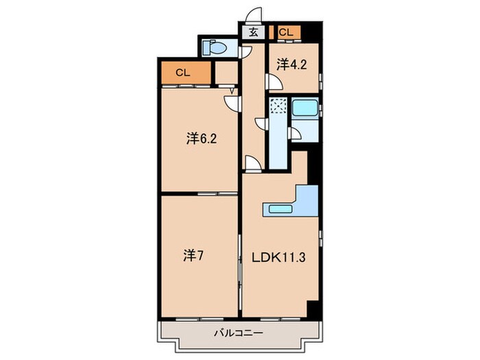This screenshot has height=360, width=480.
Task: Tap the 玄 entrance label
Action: coord(253,32)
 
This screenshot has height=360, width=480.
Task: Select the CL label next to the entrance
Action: coord(286,32)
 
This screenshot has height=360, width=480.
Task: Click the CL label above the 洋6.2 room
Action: coord(182,72)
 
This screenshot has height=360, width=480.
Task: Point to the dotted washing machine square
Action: coord(278,108)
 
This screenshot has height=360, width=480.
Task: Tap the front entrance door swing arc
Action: coord(254,16)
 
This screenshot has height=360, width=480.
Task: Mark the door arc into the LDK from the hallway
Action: coord(252,163)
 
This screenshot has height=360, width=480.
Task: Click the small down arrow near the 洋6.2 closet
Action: coord(232,90)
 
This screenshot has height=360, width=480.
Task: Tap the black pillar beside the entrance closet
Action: coord(311,32)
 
